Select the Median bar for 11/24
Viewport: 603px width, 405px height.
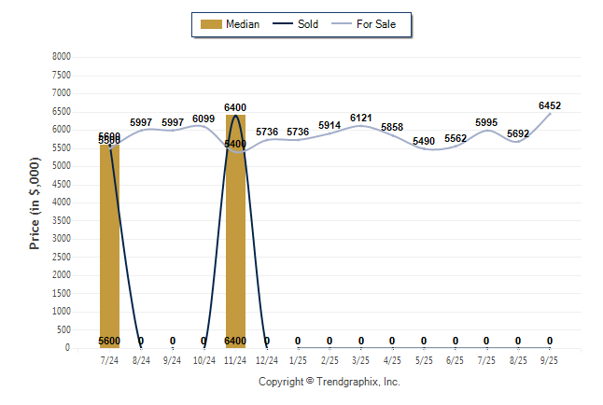point(235,243)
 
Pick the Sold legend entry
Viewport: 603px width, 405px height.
point(298,24)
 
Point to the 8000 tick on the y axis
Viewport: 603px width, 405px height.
point(62,57)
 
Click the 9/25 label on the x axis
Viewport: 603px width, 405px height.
point(550,359)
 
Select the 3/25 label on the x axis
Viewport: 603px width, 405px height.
point(360,359)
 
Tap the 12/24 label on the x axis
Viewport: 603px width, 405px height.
point(266,359)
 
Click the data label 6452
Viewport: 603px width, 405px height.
point(550,106)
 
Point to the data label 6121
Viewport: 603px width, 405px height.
point(361,118)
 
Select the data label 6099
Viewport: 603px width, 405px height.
point(203,119)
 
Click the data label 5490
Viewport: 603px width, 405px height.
point(424,142)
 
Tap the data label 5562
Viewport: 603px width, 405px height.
point(456,139)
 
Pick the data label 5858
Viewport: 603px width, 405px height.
point(392,127)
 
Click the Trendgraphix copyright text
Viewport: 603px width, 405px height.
point(329,382)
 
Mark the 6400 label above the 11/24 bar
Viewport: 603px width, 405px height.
point(235,108)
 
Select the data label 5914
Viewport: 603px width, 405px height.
point(330,125)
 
